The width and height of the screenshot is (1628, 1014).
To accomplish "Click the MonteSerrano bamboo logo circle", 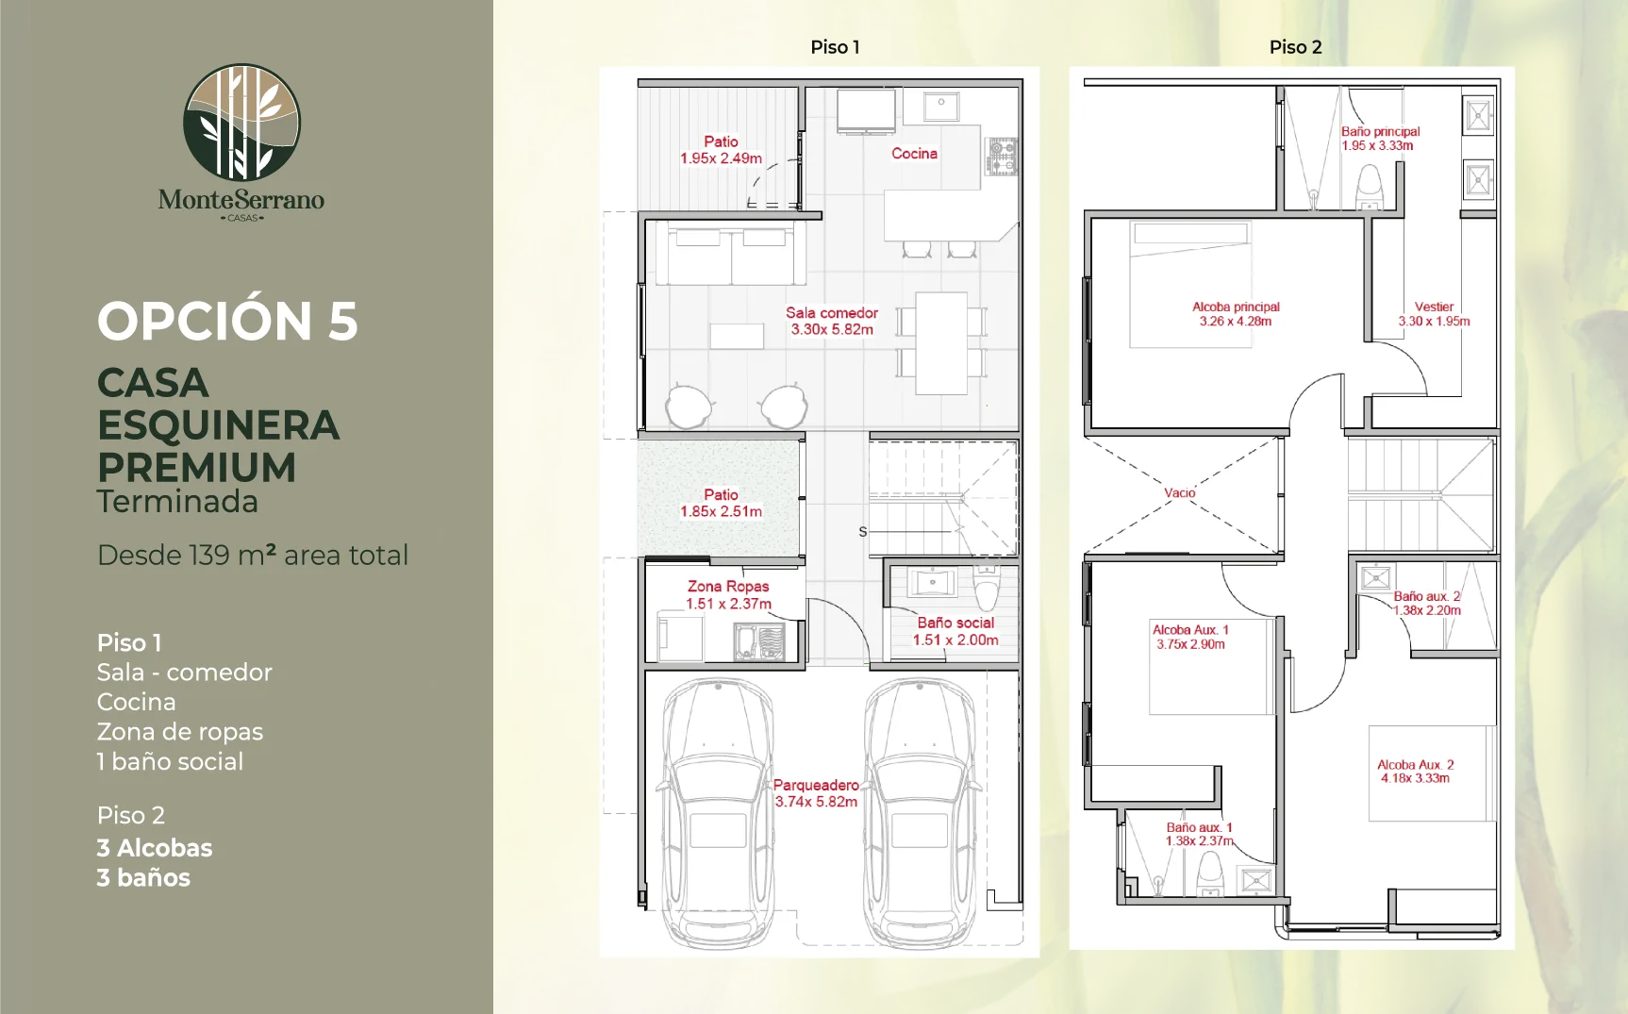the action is click(241, 122).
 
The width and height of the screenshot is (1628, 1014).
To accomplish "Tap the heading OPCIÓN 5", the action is click(227, 321).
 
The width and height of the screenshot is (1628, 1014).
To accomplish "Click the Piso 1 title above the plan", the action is click(835, 47).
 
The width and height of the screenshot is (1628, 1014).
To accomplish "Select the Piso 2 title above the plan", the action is click(1295, 47).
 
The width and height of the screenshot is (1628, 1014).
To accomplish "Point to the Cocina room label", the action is click(914, 154).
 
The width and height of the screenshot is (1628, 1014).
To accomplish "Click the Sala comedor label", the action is click(832, 313).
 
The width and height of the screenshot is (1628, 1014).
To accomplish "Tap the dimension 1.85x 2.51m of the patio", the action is click(721, 511).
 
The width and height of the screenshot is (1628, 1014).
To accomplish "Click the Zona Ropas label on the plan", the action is click(728, 587).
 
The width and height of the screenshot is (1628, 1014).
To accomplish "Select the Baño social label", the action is click(955, 623).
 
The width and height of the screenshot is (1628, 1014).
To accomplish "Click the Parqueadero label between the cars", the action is click(816, 785).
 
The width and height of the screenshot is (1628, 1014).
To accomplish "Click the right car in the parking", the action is click(920, 813).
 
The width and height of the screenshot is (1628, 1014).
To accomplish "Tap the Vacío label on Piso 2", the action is click(1179, 492).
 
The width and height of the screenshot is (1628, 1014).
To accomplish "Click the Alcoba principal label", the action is click(1236, 307).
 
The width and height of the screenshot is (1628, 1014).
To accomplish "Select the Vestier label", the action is click(1434, 307).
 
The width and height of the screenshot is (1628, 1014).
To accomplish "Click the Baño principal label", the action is click(1380, 131).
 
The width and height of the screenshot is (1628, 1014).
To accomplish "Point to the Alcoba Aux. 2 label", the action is click(1415, 764).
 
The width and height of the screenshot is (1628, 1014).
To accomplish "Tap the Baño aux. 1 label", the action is click(1199, 827).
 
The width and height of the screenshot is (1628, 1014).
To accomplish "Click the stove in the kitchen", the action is click(1002, 156).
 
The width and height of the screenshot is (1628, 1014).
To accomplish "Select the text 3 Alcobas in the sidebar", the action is click(155, 847).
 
